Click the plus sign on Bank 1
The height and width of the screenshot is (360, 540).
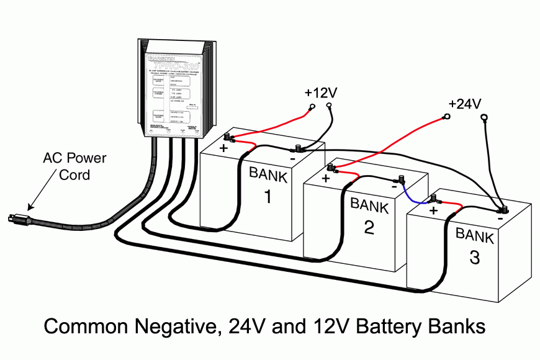pyautogui.click(x=221, y=149)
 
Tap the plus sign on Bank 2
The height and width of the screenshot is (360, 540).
pyautogui.click(x=325, y=179)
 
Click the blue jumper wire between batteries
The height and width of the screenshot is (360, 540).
pyautogui.click(x=411, y=195)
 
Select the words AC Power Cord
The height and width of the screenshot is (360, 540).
pyautogui.click(x=74, y=166)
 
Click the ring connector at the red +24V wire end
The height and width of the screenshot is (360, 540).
pyautogui.click(x=446, y=116)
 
